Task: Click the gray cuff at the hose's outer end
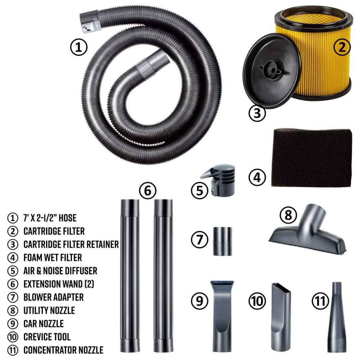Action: pos(90,21)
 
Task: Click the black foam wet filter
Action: pos(311,158)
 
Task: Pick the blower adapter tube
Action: pos(222,241)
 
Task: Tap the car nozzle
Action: pos(222,316)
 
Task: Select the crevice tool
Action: pos(281,318)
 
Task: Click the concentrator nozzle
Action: pos(337,317)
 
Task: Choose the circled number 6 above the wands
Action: pos(148,191)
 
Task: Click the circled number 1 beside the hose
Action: pos(79,47)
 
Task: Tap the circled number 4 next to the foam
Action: pos(257,177)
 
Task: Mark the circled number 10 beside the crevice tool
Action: pos(257,301)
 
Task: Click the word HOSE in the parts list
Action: pos(68,218)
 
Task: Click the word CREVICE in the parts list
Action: pos(35,337)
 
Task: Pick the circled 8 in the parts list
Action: pos(13,310)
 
